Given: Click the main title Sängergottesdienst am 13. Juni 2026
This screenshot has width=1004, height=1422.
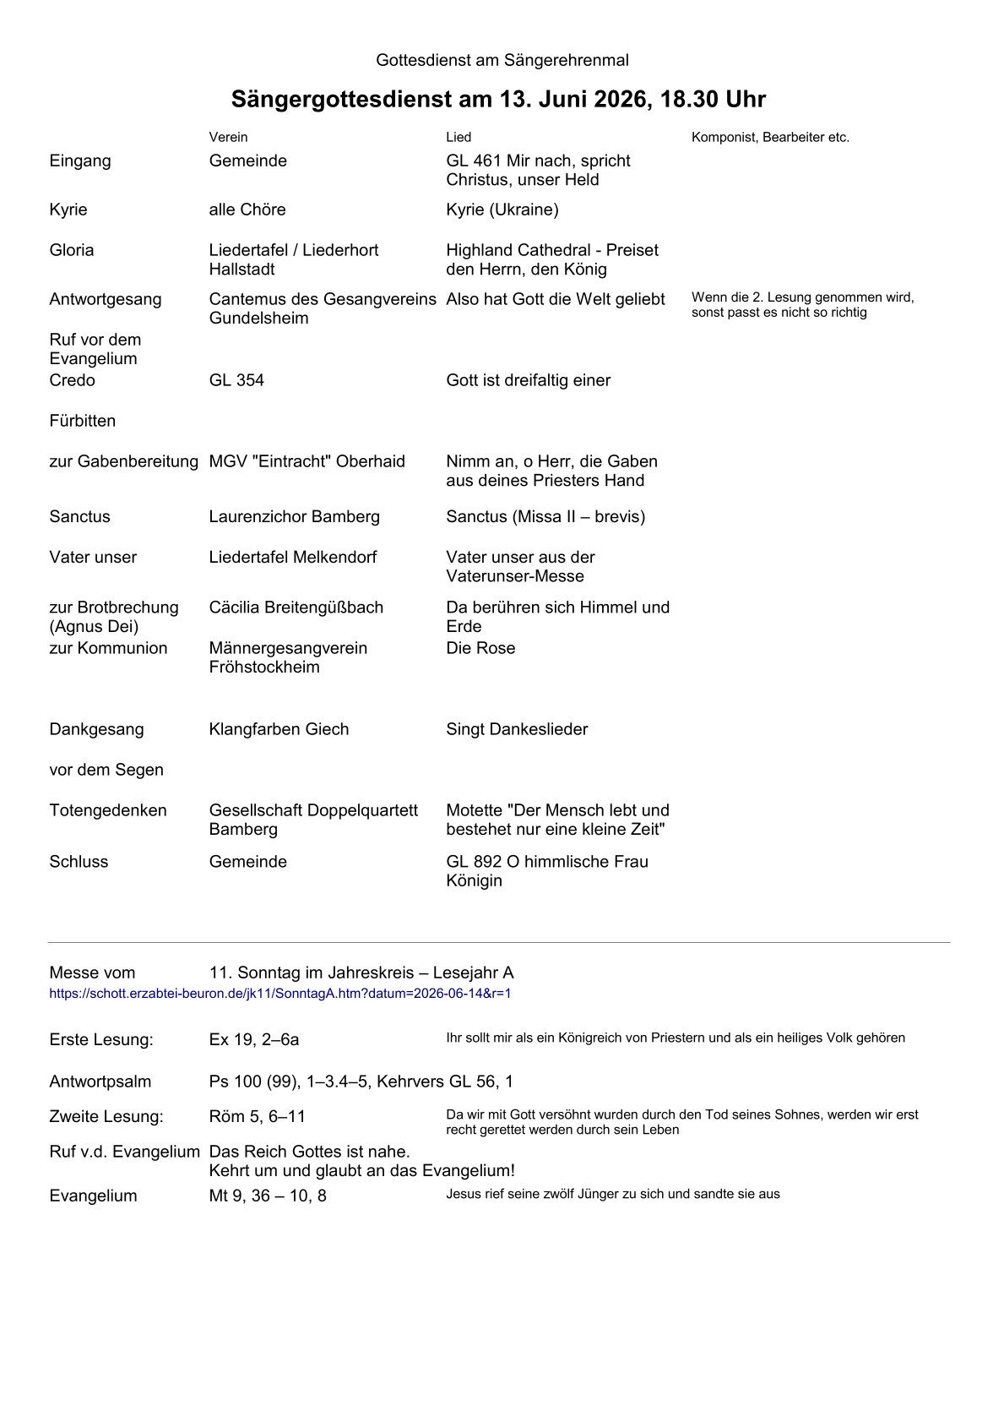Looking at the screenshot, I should click(498, 100).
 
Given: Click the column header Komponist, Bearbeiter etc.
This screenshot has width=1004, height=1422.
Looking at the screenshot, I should click(770, 137).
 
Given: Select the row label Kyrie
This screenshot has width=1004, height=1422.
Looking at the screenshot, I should click(68, 210).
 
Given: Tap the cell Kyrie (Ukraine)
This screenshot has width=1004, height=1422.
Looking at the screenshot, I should click(502, 210).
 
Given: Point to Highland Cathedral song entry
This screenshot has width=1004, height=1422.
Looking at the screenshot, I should click(551, 259).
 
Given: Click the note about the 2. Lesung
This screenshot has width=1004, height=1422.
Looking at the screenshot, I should click(802, 305).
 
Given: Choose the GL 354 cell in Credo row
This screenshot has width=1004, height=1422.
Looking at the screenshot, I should click(236, 380).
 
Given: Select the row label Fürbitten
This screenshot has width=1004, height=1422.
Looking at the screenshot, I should click(83, 421).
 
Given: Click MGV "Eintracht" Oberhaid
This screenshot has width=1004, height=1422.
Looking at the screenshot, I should click(307, 461).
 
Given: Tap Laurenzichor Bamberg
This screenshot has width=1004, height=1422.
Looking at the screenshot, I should click(295, 516).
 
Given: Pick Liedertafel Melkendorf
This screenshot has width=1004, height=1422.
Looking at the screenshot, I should click(293, 557).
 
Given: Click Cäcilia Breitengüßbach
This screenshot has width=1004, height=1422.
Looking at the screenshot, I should click(296, 607).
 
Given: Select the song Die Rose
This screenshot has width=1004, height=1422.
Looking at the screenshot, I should click(480, 648).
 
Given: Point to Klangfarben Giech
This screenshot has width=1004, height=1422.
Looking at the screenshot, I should click(279, 729).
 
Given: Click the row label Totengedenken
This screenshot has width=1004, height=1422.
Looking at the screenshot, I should click(108, 810).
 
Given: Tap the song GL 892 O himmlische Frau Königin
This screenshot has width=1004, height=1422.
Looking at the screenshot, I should click(546, 871).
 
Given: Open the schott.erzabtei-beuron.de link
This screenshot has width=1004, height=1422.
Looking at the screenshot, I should click(280, 994).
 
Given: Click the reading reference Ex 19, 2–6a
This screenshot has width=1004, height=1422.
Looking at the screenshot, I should click(254, 1039).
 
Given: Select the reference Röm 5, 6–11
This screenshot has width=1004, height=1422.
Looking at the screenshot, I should click(258, 1116).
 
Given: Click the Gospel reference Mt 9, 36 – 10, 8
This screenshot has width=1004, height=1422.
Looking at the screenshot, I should click(268, 1196).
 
